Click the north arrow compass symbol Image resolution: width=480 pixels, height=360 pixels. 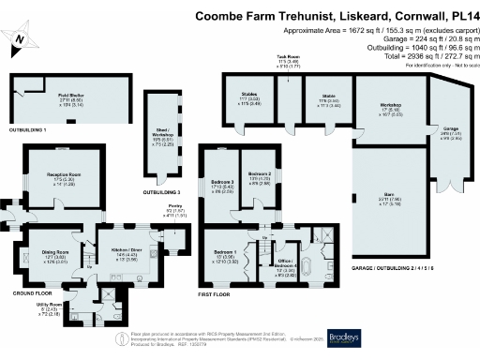tap(21, 38)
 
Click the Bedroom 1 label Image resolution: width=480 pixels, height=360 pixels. tap(224, 254)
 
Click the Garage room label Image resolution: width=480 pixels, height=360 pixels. tap(451, 131)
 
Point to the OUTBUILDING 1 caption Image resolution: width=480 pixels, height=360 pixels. tap(29, 129)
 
